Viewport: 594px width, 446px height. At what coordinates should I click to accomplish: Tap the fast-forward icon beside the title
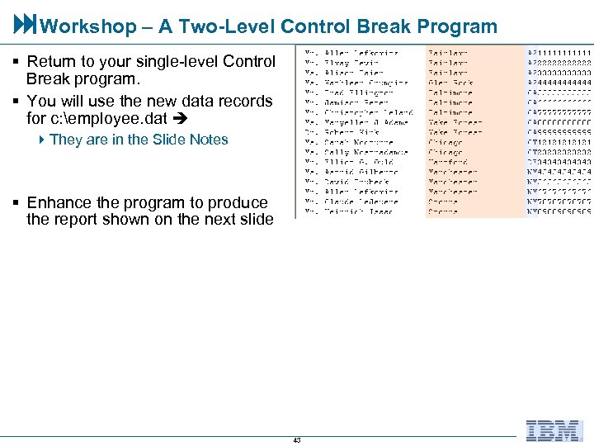coord(24,26)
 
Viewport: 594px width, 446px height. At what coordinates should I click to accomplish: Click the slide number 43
coord(297,440)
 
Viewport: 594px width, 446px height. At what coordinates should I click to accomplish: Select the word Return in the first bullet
coord(50,62)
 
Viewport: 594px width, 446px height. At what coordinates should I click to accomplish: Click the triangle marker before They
coord(43,140)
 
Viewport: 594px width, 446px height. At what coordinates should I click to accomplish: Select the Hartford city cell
coord(447,162)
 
